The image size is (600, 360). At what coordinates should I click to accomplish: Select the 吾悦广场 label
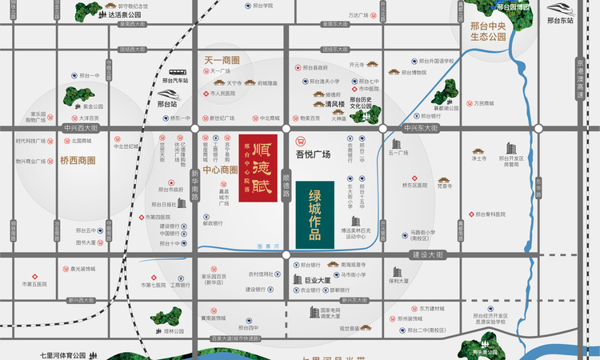[313, 154]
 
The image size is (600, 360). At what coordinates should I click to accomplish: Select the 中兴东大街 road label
[421, 128]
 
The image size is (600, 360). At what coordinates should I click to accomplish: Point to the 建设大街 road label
[426, 254]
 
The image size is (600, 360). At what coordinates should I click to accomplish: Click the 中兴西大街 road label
[80, 128]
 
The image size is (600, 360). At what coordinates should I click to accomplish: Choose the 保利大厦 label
[399, 281]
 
